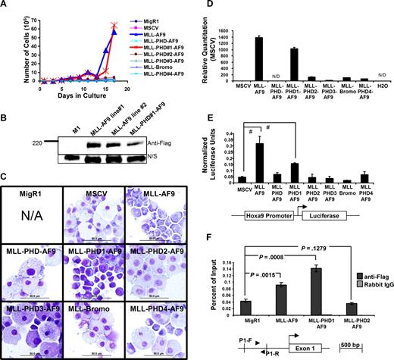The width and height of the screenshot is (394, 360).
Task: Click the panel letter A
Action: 6,6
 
